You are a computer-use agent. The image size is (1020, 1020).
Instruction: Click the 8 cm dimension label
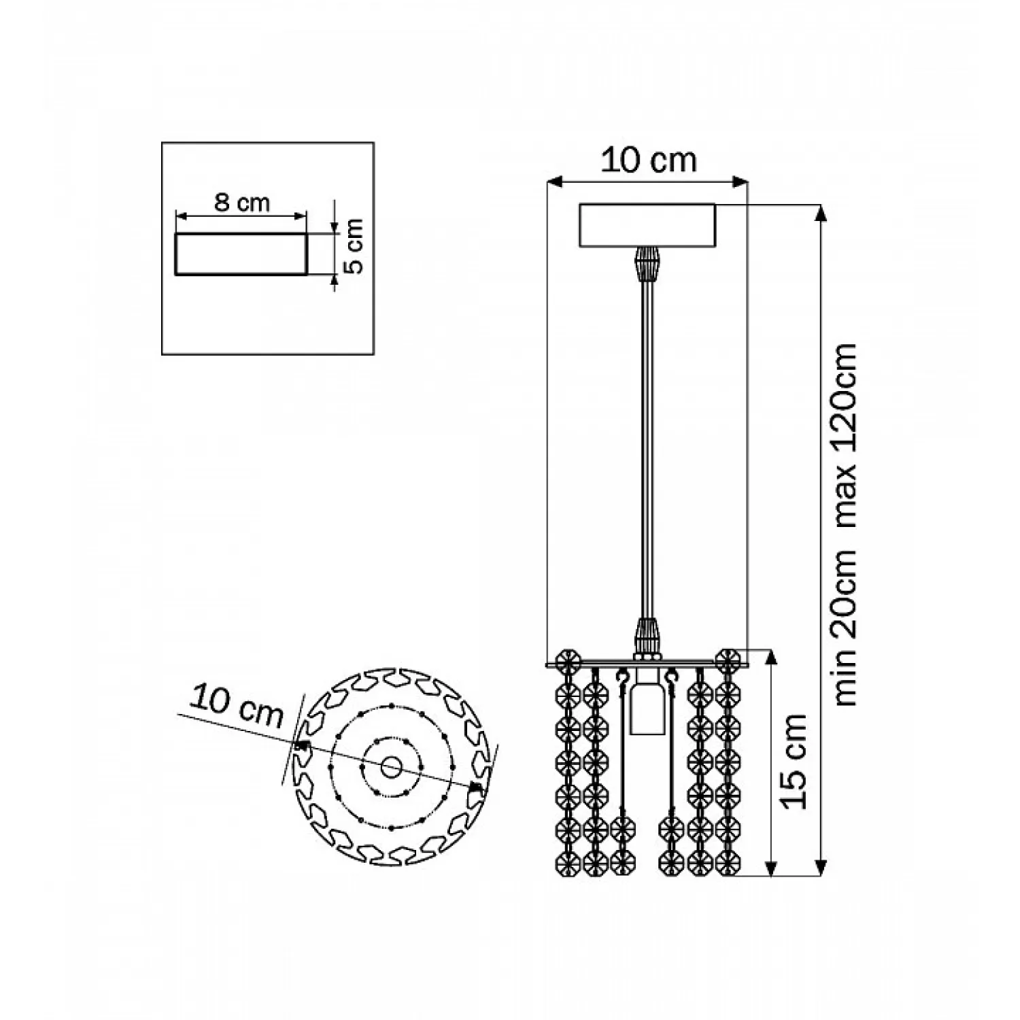click(242, 202)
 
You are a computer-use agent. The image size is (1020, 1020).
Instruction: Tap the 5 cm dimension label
click(353, 246)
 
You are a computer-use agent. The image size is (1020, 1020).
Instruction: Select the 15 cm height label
click(794, 762)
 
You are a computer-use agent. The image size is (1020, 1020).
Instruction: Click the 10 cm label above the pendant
click(649, 160)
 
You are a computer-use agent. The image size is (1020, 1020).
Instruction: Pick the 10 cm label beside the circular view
click(236, 707)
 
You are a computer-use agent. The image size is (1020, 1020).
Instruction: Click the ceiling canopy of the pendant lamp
click(647, 225)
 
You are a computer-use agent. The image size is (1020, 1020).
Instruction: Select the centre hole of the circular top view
click(390, 768)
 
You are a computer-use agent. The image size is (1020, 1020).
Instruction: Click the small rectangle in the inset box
click(241, 254)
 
